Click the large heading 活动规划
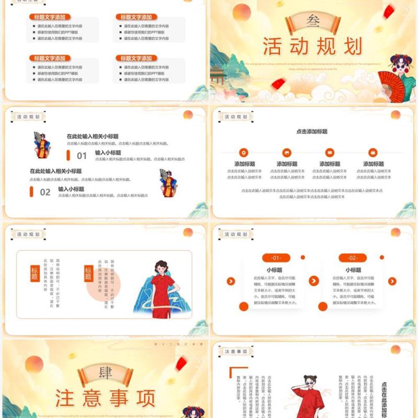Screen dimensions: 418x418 point(312,47)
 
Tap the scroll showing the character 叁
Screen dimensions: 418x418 point(312,21)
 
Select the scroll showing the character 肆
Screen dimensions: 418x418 point(104,373)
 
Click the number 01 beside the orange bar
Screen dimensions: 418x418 point(82,156)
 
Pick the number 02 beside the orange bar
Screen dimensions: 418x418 point(45,192)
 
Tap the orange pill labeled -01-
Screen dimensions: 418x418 point(275,258)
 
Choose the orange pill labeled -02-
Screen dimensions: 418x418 point(353,258)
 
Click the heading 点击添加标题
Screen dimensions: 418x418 point(312,132)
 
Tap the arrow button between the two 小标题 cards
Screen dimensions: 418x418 point(313,281)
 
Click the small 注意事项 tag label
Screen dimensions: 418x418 point(235,352)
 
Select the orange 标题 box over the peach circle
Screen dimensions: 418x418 point(88,273)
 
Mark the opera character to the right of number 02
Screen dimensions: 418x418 point(167,182)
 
